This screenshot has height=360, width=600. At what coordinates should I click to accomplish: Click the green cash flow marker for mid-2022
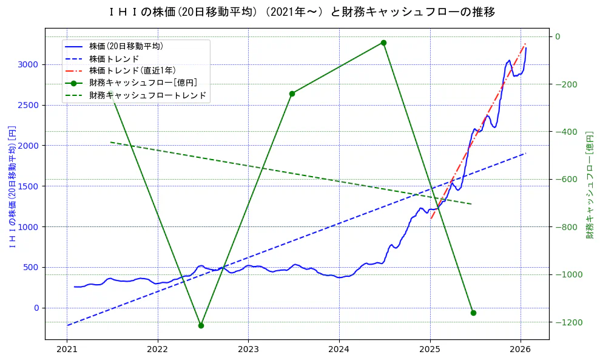coord(201,325)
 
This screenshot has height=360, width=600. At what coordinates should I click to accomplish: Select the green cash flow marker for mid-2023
coord(292,93)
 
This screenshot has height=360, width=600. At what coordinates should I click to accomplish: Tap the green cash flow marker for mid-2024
coord(383,42)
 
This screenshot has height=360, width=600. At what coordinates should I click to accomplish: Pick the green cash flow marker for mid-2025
coord(473,313)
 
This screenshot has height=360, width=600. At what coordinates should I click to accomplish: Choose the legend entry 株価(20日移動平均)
coord(126,46)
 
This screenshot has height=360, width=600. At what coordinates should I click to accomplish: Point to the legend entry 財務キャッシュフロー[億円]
coord(143,83)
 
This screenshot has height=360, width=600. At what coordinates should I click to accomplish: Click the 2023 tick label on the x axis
coord(248,349)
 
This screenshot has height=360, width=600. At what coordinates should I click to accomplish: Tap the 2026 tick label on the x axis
coord(521,349)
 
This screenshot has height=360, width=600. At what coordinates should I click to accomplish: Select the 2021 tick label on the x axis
coord(67,349)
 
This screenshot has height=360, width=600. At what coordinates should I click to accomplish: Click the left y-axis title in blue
coord(12,186)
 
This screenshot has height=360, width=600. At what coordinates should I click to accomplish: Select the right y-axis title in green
coord(589,184)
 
